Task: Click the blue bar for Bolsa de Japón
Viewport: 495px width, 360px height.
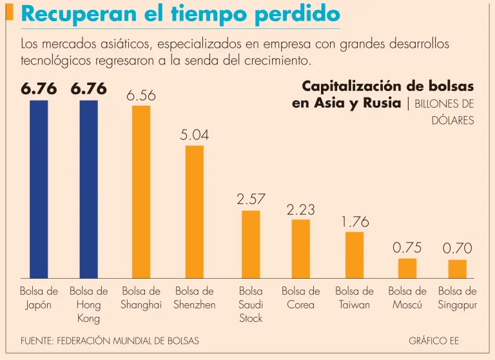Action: (39, 189)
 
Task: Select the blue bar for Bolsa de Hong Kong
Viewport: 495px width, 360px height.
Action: (89, 189)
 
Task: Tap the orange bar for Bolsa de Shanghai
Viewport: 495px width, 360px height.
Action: (141, 192)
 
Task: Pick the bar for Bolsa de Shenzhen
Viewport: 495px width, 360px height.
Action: (194, 212)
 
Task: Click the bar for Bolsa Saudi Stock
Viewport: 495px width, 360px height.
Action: (251, 245)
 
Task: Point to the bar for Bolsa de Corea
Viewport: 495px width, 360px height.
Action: (300, 249)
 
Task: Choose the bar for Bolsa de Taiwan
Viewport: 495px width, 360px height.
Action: (354, 255)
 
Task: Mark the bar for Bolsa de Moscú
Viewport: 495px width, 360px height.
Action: (407, 268)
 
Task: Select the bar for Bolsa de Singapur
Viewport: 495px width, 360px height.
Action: (457, 269)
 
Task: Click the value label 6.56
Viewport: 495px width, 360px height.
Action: (141, 95)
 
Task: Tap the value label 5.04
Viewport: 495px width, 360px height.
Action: (194, 135)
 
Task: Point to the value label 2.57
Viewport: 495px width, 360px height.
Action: (251, 199)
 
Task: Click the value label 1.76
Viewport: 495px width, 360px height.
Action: (354, 222)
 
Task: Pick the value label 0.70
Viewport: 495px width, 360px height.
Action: (457, 248)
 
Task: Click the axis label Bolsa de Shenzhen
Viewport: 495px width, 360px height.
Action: (194, 298)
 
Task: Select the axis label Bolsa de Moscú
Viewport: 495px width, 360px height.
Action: (407, 298)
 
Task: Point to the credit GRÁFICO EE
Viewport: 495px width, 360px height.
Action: (434, 341)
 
